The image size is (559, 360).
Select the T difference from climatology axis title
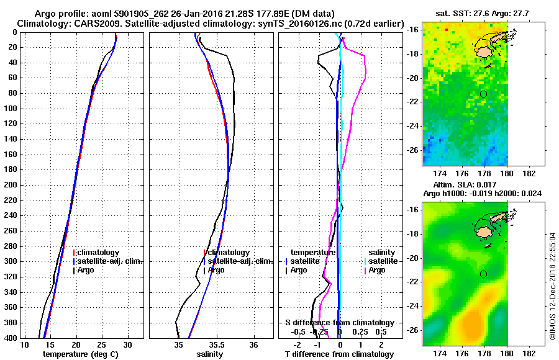(339, 354)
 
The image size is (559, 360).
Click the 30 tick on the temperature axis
(128, 344)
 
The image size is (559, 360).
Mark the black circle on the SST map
(483, 94)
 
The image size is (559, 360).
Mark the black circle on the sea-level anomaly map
(483, 274)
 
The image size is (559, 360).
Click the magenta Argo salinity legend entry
(377, 270)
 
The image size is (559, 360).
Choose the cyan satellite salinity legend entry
(377, 261)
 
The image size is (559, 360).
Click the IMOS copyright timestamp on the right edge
(553, 286)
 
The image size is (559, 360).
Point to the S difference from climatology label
(339, 323)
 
